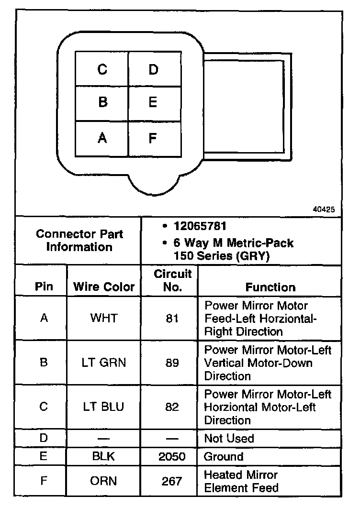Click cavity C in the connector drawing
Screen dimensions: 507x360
pyautogui.click(x=102, y=69)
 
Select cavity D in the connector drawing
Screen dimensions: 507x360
pyautogui.click(x=153, y=69)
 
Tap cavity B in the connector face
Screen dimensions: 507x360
pyautogui.click(x=102, y=102)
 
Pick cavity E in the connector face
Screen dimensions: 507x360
pyautogui.click(x=153, y=102)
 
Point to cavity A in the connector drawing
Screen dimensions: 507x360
pyautogui.click(x=102, y=138)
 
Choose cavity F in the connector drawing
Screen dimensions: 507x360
pyautogui.click(x=153, y=138)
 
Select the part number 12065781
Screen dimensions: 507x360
pyautogui.click(x=200, y=226)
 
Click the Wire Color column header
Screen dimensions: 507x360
pyautogui.click(x=104, y=287)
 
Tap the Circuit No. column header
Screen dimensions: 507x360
pyautogui.click(x=172, y=281)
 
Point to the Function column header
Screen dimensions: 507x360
pyautogui.click(x=270, y=287)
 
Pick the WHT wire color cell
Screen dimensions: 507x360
pyautogui.click(x=104, y=318)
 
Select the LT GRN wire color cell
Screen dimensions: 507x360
pyautogui.click(x=104, y=363)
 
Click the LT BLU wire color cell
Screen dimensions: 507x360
pyautogui.click(x=104, y=407)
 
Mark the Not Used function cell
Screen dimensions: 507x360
pyautogui.click(x=229, y=438)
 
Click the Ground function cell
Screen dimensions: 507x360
pyautogui.click(x=224, y=456)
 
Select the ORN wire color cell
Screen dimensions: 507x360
pyautogui.click(x=104, y=481)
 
